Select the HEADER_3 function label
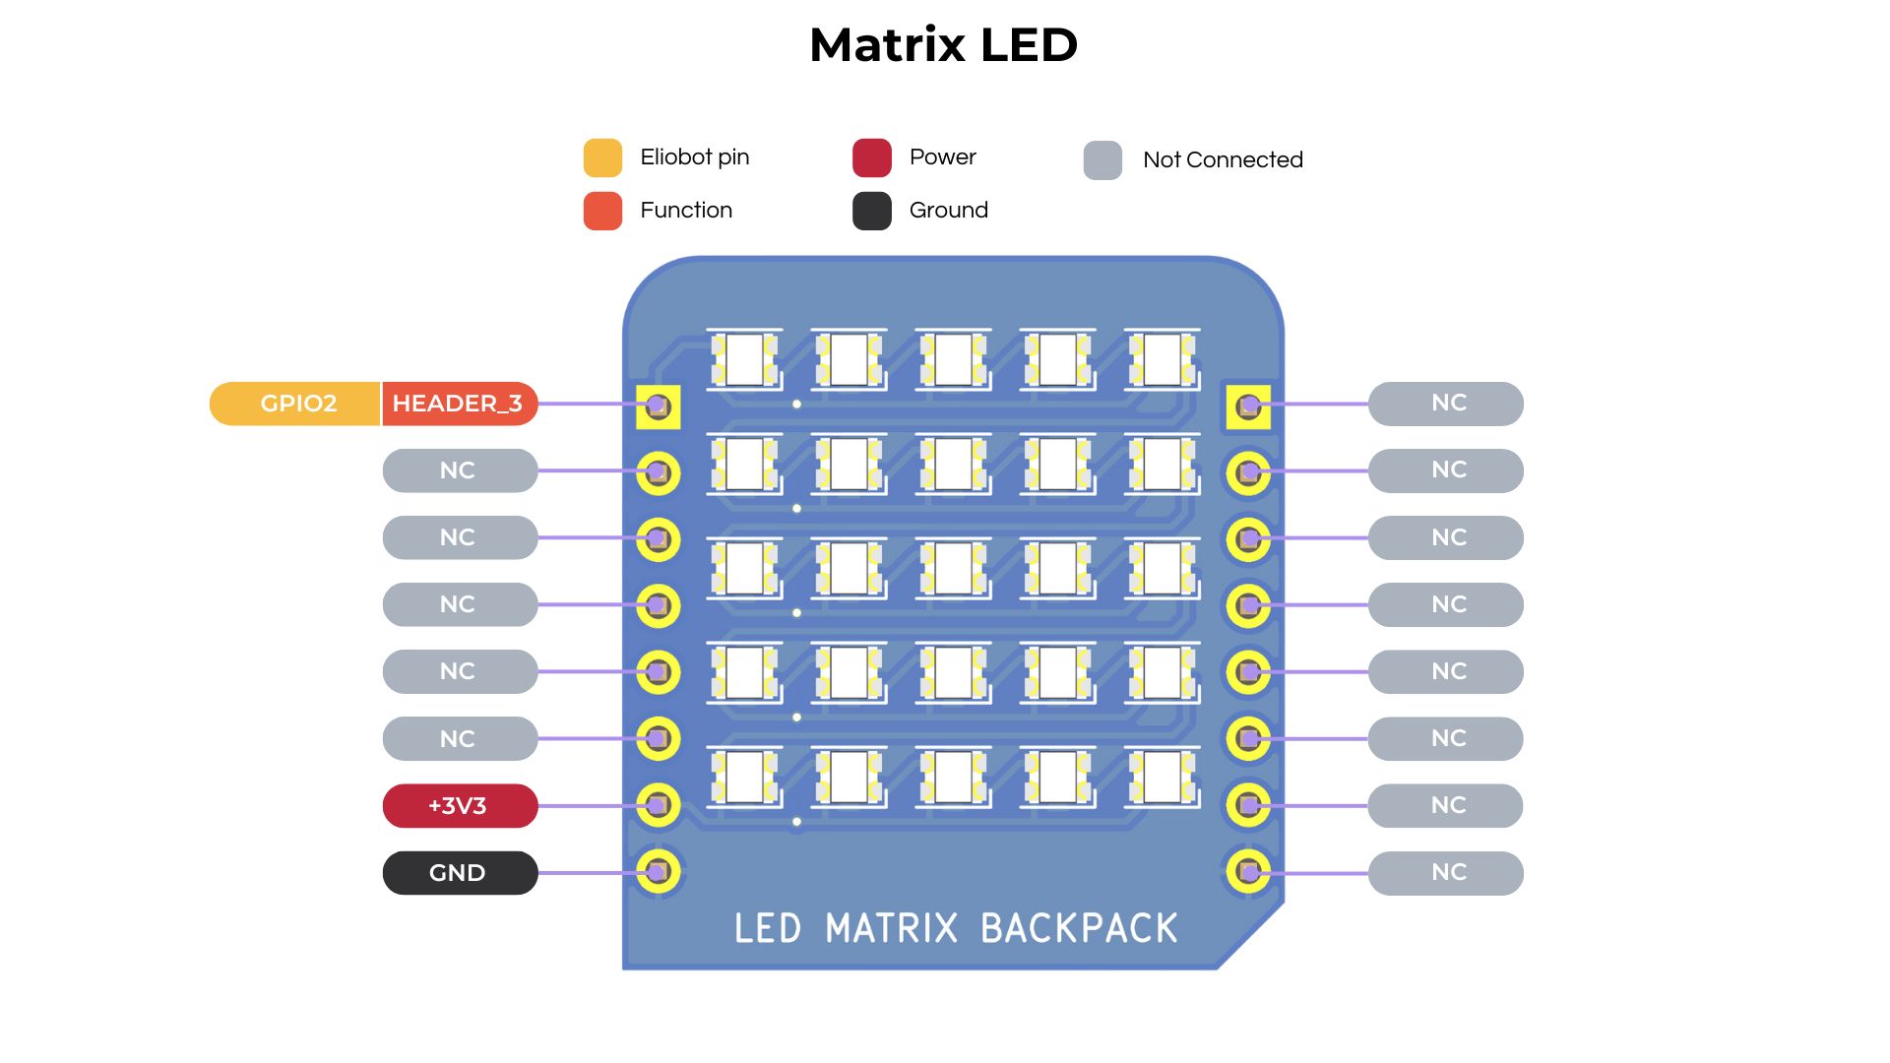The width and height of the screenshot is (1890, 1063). [459, 404]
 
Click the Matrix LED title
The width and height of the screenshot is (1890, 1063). [943, 45]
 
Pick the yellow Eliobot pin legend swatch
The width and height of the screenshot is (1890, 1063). [602, 157]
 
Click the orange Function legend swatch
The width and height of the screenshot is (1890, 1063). [602, 211]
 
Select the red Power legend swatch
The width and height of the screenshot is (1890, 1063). [871, 157]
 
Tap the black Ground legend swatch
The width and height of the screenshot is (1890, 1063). [871, 211]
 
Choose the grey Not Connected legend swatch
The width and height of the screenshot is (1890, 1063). [1102, 160]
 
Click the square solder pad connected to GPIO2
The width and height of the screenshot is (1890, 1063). [659, 406]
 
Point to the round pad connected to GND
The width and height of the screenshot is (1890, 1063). [659, 871]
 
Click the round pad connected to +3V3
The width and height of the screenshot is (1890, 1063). [659, 805]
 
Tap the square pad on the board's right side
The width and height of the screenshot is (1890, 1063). [1248, 406]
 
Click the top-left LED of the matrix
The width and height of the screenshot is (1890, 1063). [745, 359]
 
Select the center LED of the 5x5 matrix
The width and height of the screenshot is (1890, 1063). [954, 568]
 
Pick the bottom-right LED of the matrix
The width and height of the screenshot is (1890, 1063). [1163, 777]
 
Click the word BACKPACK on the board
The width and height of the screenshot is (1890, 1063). [1079, 928]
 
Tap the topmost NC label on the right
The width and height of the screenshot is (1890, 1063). [1446, 404]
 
